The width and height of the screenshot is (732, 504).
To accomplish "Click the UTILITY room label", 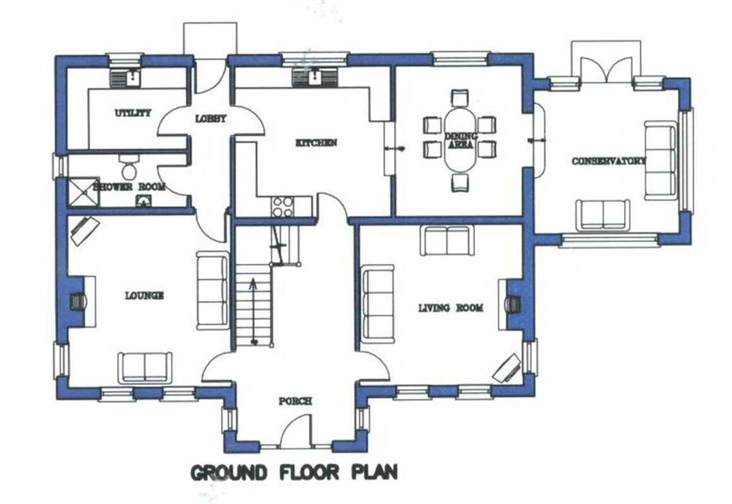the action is pyautogui.click(x=133, y=113).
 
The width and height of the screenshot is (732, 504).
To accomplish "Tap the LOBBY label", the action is pyautogui.click(x=211, y=118).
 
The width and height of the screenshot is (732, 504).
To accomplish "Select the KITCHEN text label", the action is pyautogui.click(x=316, y=142).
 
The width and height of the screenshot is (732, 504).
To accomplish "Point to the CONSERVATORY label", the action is pyautogui.click(x=609, y=161).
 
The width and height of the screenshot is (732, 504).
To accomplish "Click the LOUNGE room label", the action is pyautogui.click(x=144, y=295).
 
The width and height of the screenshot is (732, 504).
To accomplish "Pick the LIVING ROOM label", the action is pyautogui.click(x=451, y=308).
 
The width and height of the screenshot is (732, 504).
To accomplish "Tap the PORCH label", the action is pyautogui.click(x=295, y=401).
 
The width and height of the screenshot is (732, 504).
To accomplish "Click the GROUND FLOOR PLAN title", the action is pyautogui.click(x=294, y=472).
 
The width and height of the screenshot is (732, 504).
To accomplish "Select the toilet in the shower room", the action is pyautogui.click(x=129, y=168).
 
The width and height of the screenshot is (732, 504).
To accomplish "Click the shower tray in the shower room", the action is pyautogui.click(x=84, y=192).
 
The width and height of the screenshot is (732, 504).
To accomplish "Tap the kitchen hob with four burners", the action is pyautogui.click(x=283, y=207).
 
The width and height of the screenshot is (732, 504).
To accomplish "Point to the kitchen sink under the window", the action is pyautogui.click(x=315, y=77).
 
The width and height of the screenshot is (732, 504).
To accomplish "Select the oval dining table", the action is pyautogui.click(x=461, y=139).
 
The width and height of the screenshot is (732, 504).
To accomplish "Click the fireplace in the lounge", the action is pyautogui.click(x=78, y=302).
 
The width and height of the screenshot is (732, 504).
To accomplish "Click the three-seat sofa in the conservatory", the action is pyautogui.click(x=661, y=161).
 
